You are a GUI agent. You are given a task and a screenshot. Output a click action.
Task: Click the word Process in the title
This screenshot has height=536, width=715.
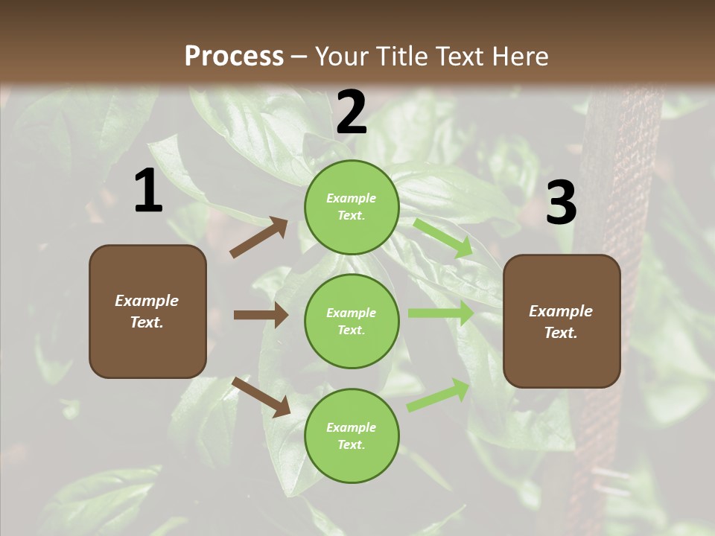pyautogui.click(x=234, y=56)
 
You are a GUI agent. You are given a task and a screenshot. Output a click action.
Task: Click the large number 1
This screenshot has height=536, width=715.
pyautogui.click(x=148, y=191)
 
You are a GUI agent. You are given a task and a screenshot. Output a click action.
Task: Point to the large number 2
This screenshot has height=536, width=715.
pyautogui.click(x=352, y=112)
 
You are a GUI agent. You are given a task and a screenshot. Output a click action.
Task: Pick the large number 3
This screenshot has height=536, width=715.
pyautogui.click(x=561, y=203)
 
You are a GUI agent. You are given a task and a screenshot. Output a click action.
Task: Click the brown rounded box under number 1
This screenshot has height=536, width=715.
pyautogui.click(x=147, y=311)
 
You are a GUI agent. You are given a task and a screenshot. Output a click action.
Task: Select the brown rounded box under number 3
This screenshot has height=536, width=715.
pyautogui.click(x=562, y=321)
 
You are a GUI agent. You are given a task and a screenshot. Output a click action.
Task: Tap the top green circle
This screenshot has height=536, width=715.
pyautogui.click(x=352, y=207)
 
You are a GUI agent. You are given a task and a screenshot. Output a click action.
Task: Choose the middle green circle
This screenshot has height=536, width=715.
pyautogui.click(x=352, y=321)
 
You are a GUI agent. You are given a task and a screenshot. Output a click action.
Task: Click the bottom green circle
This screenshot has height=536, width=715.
pyautogui.click(x=352, y=435)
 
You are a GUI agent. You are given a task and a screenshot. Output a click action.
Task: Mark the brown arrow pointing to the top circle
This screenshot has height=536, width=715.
pyautogui.click(x=258, y=237)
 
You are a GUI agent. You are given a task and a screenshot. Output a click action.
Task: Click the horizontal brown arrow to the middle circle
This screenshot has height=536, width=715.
pyautogui.click(x=261, y=315)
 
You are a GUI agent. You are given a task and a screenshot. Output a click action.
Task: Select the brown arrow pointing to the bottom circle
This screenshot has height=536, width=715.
pyautogui.click(x=261, y=396)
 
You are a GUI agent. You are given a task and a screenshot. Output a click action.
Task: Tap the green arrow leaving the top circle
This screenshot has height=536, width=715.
pyautogui.click(x=443, y=237)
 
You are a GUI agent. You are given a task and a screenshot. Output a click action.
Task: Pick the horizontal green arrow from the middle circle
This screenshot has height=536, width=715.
pyautogui.click(x=440, y=313)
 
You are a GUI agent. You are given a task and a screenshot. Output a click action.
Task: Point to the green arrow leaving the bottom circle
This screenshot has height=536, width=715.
pyautogui.click(x=438, y=395)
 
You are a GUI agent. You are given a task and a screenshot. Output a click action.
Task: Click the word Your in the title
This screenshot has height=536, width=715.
pyautogui.click(x=343, y=56)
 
